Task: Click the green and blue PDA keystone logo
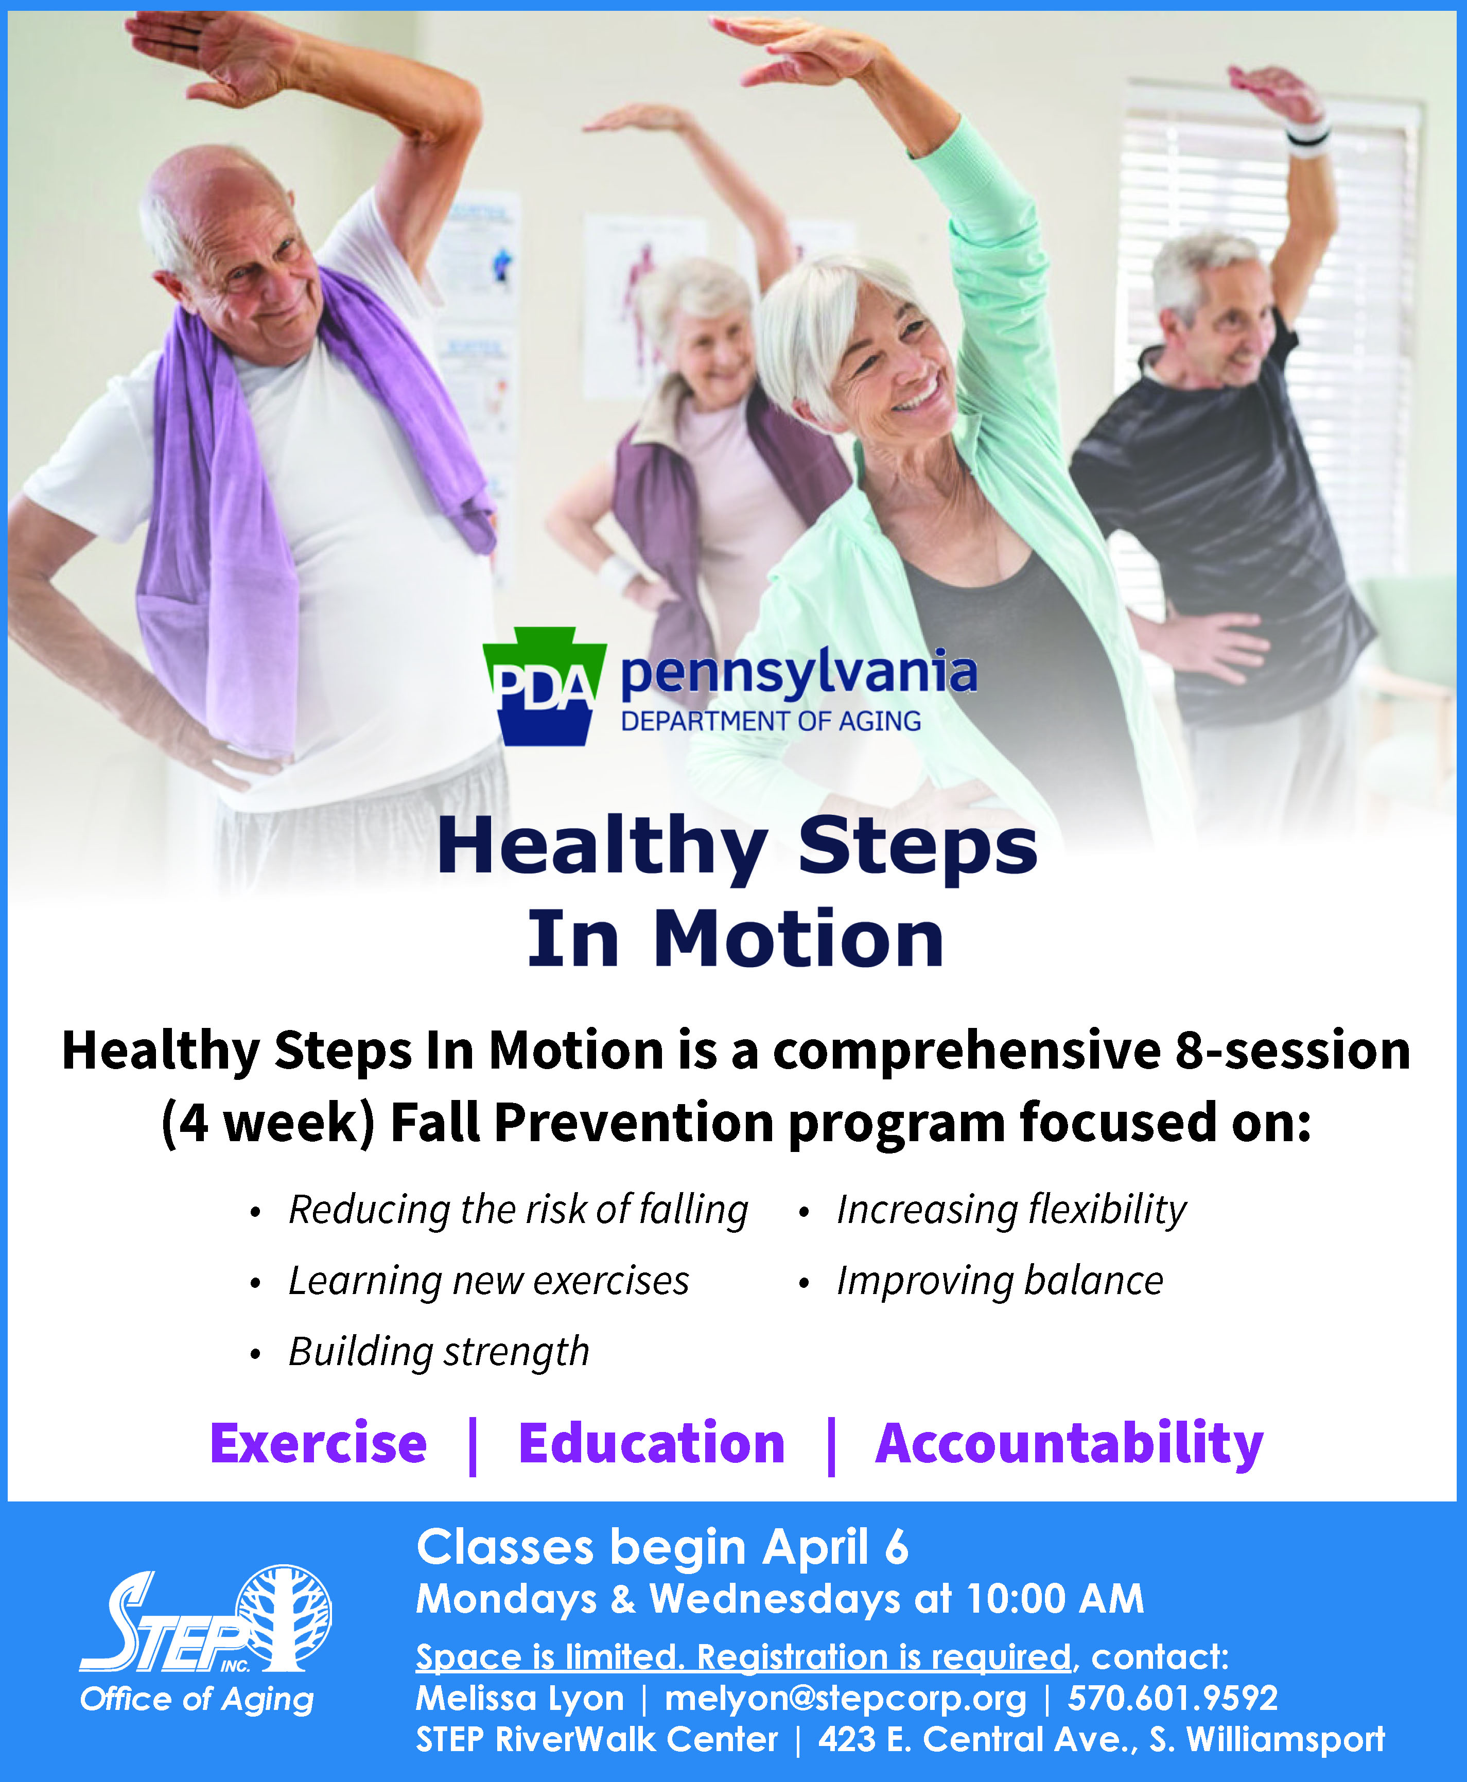coord(544,686)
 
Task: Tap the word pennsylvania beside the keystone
coord(798,673)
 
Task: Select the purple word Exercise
coord(319,1443)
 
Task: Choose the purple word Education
coord(652,1443)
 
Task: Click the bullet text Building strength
coord(439,1351)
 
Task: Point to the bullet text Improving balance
coord(1000,1281)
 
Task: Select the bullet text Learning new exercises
coord(488,1281)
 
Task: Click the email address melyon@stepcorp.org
coord(845,1698)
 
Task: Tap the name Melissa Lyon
coord(520,1698)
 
